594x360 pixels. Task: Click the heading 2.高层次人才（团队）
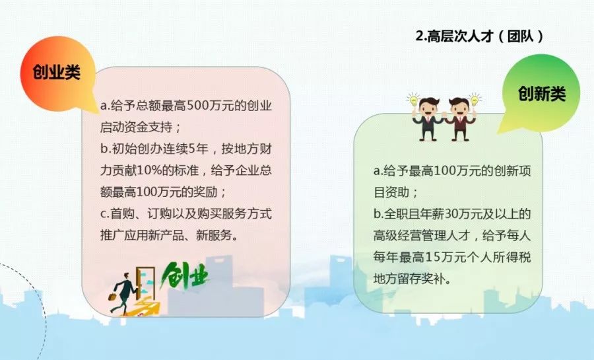tap(480, 36)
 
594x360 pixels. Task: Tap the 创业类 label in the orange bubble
tap(57, 71)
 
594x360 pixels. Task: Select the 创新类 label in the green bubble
tap(542, 93)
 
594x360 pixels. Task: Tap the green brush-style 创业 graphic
tap(185, 275)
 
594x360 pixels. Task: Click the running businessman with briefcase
tap(122, 293)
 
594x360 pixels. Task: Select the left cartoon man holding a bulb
tap(428, 119)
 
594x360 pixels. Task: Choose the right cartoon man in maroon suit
tap(459, 119)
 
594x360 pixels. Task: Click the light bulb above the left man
tap(413, 100)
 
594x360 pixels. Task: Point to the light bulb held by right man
tap(474, 100)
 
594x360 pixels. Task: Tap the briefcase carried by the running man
tap(112, 297)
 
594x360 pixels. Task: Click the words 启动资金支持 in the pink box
tap(136, 127)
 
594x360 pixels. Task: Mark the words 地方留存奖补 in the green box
tap(409, 279)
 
